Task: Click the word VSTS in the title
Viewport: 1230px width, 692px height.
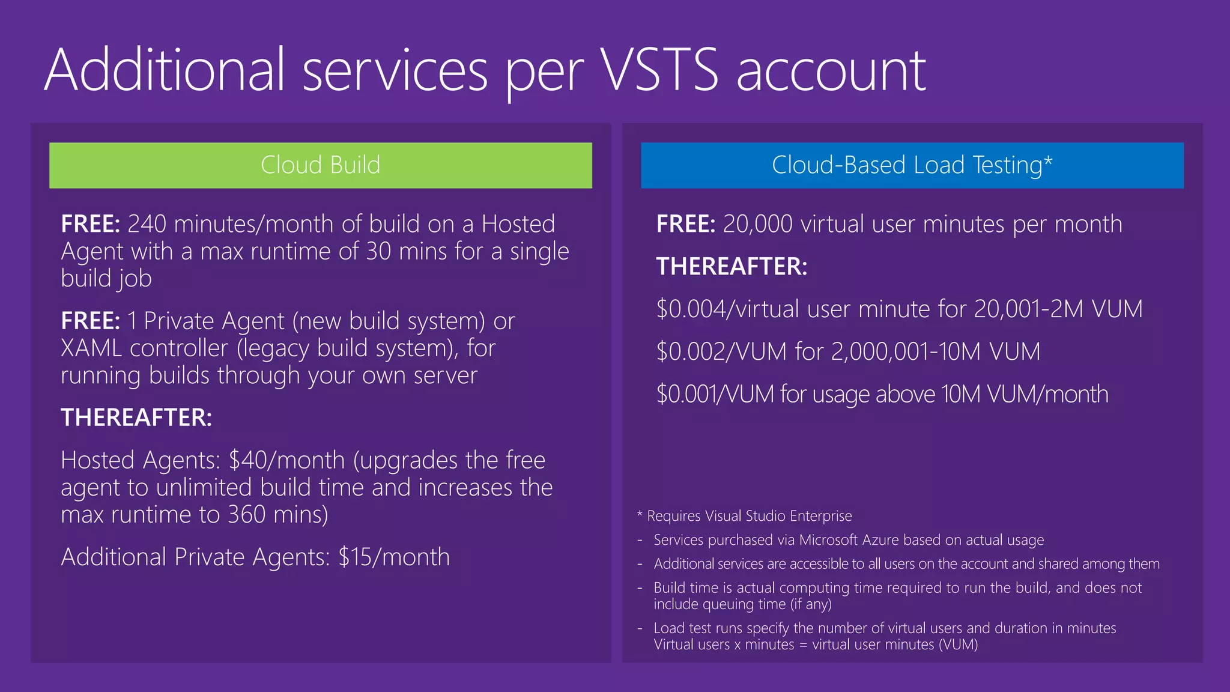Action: point(659,71)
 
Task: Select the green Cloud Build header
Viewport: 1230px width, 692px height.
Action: point(320,165)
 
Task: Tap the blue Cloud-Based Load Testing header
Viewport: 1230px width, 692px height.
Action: point(912,165)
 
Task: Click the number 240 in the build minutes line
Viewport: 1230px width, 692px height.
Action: point(147,224)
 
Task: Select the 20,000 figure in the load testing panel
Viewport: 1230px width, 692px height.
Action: point(757,224)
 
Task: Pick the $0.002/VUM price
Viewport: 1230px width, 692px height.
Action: point(721,352)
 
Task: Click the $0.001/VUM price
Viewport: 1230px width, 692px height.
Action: point(715,395)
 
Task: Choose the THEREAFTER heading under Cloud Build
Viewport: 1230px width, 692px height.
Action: point(136,417)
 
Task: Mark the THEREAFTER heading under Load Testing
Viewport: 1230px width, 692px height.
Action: point(732,267)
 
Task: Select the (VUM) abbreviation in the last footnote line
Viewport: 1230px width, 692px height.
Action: point(958,645)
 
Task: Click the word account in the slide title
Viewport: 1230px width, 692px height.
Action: point(831,71)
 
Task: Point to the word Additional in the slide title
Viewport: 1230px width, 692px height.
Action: point(164,71)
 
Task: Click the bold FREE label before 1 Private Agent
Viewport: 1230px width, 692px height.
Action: point(91,321)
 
